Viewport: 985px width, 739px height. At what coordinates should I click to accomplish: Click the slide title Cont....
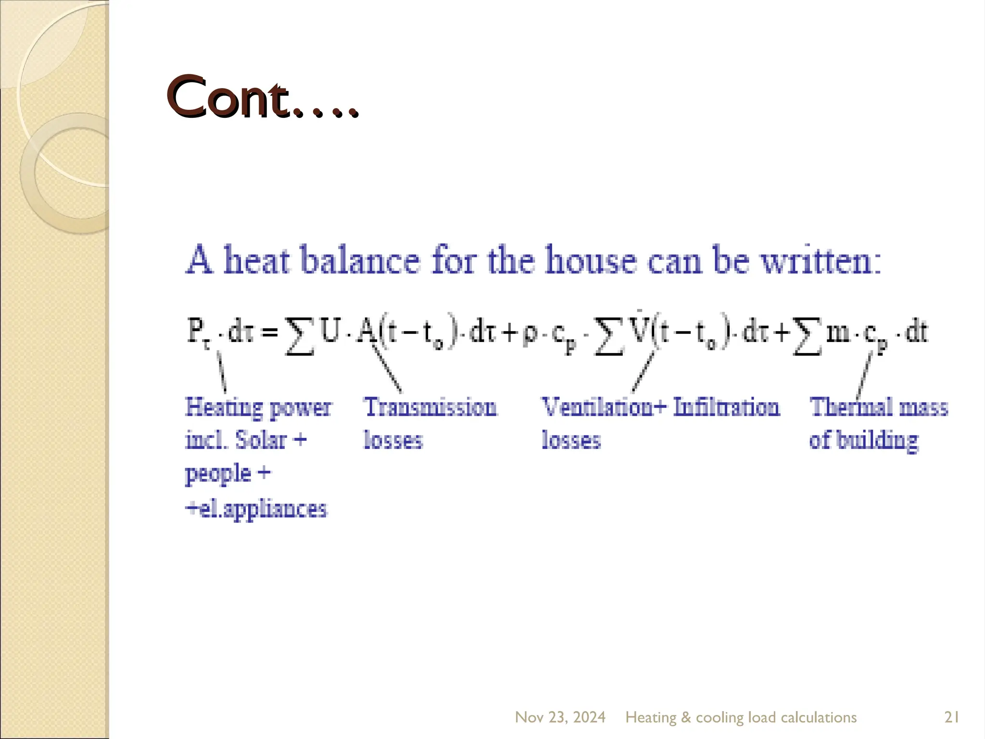[262, 98]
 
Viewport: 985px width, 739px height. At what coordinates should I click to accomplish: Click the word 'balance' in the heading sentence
[360, 260]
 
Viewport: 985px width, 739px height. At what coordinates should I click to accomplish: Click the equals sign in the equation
[270, 332]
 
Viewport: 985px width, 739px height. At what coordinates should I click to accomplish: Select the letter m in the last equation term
[837, 332]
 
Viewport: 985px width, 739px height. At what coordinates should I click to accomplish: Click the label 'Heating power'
[258, 408]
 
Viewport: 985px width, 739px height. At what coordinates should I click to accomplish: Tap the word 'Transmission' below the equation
[430, 407]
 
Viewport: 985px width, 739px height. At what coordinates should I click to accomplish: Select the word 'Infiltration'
[726, 407]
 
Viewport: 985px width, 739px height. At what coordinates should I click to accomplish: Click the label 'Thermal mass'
[879, 407]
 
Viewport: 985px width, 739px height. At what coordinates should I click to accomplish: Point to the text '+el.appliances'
[256, 509]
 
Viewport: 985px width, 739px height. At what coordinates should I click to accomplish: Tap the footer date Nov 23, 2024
[560, 717]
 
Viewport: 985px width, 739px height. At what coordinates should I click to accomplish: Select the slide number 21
[952, 717]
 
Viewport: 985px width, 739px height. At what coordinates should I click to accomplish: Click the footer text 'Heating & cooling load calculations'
[741, 717]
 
